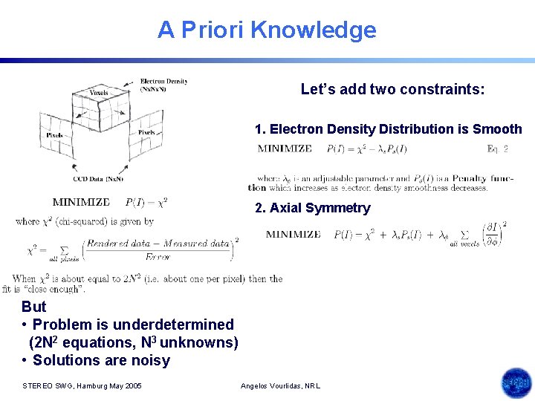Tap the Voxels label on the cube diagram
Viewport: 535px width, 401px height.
(x=99, y=93)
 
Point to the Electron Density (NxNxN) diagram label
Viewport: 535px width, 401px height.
(x=163, y=85)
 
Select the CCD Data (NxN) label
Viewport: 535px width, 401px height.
(x=98, y=179)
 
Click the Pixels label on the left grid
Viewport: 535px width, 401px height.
(x=54, y=136)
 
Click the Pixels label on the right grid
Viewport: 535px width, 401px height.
(x=146, y=132)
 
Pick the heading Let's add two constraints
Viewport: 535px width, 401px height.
(x=392, y=90)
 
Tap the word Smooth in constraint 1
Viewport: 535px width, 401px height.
(x=497, y=129)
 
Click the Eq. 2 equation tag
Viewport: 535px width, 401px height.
(x=497, y=149)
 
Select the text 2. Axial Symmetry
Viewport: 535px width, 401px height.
(x=312, y=208)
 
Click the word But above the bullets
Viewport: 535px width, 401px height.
(x=34, y=307)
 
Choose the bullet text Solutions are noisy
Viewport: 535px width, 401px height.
(x=101, y=360)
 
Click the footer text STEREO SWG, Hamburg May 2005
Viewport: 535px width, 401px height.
(x=82, y=385)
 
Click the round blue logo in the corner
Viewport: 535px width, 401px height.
(x=516, y=383)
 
